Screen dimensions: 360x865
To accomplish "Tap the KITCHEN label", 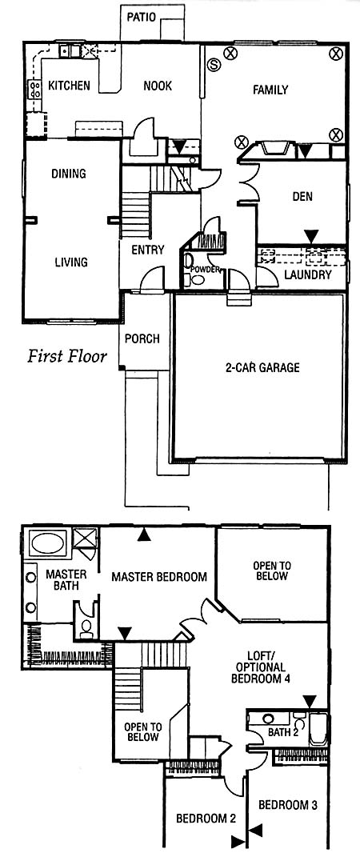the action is click(x=69, y=86).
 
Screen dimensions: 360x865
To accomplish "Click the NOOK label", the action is click(x=158, y=86).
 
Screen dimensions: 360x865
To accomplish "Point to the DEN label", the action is click(x=302, y=197).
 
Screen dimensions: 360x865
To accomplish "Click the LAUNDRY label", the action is click(x=308, y=274).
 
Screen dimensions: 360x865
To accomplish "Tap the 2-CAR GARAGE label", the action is click(x=262, y=367).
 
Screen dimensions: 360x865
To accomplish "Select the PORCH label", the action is click(x=142, y=338).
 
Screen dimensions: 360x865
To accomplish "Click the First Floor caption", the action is click(x=67, y=356).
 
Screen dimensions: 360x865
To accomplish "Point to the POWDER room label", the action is click(x=206, y=270).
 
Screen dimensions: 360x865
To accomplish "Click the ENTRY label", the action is click(x=148, y=250).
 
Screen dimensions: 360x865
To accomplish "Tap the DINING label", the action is click(x=68, y=174).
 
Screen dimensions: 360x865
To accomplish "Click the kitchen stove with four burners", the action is click(x=34, y=89).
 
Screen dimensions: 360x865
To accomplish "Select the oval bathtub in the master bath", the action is click(x=49, y=543).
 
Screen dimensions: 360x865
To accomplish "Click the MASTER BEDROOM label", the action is click(x=159, y=577).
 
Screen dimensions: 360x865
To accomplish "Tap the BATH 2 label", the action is click(x=283, y=733).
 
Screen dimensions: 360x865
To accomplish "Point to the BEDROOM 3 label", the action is click(x=288, y=805).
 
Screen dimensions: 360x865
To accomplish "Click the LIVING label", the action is click(x=71, y=262).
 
